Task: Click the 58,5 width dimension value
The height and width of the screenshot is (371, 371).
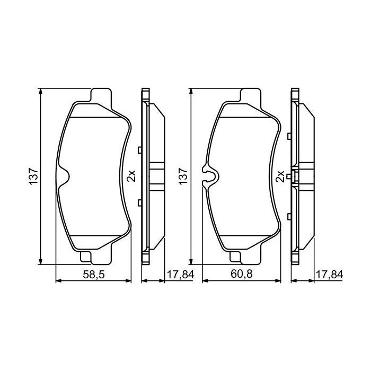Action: pos(93,275)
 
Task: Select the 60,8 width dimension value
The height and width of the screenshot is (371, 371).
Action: pos(242,275)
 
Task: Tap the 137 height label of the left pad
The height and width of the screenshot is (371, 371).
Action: pos(32,176)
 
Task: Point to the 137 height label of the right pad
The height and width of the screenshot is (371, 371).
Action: pos(182,176)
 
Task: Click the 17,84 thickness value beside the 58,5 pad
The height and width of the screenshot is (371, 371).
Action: pos(181,275)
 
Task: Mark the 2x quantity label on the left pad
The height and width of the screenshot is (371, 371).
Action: pos(132,176)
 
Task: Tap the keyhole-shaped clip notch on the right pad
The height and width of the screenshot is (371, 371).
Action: pos(210,176)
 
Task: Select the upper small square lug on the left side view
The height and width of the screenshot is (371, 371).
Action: pos(139,150)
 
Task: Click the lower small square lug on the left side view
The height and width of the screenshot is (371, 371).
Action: pos(139,202)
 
